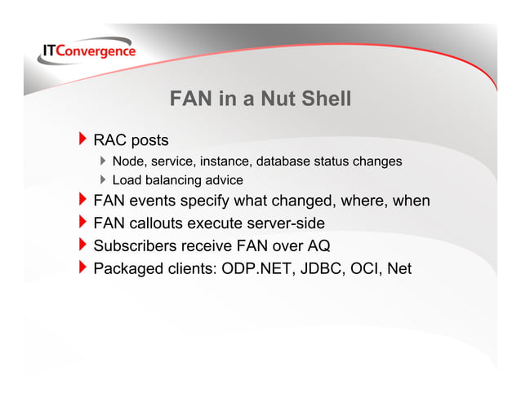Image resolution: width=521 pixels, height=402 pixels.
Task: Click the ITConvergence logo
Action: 88,51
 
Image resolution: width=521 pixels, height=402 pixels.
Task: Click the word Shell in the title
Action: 325,99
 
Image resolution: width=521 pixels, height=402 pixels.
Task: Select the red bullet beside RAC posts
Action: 82,141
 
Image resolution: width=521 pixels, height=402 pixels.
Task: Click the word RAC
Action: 110,141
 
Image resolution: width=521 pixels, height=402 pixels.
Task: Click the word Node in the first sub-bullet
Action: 127,162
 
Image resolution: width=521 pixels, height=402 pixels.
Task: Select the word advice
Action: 223,180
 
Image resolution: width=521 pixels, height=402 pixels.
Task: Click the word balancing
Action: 171,180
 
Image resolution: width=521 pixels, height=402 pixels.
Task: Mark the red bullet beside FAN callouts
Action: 82,223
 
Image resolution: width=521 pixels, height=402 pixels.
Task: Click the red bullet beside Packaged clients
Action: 82,267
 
